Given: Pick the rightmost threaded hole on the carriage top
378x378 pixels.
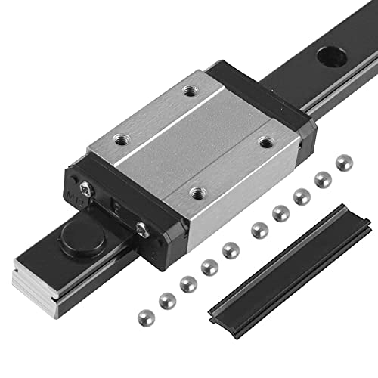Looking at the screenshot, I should [265, 141].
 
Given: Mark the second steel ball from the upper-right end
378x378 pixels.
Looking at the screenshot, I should [323, 180].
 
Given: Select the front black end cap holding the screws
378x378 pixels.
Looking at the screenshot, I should [113, 212].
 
